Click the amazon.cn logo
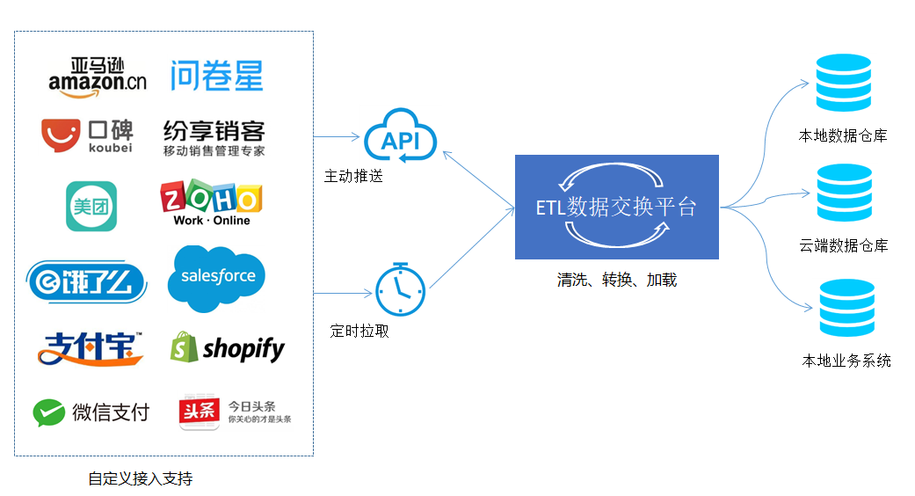tap(98, 77)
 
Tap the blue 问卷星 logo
tap(216, 76)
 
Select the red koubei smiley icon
tap(61, 135)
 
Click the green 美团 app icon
tap(91, 206)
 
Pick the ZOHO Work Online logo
tap(211, 202)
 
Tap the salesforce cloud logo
tap(216, 279)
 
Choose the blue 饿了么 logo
tap(86, 281)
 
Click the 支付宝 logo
tap(91, 348)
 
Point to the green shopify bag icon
tap(184, 347)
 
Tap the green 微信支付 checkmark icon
tap(49, 412)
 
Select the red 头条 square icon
tap(199, 412)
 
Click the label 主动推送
tap(353, 176)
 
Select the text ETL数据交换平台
tap(616, 208)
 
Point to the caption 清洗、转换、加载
tap(617, 280)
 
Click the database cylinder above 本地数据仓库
tap(843, 83)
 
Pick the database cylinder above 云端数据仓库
tap(845, 193)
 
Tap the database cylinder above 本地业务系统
tap(846, 308)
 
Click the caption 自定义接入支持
tap(141, 479)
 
